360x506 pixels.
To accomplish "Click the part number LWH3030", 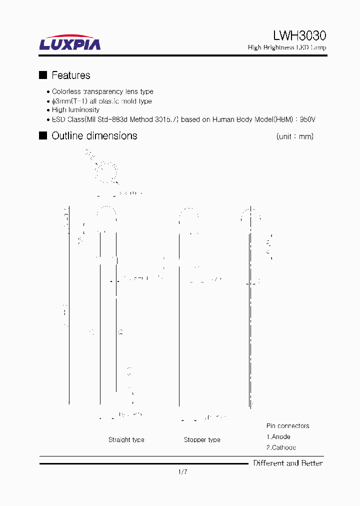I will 299,35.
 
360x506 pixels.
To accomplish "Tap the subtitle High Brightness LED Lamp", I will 287,47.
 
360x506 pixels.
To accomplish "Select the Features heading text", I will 71,75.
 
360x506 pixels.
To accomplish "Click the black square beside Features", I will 43,75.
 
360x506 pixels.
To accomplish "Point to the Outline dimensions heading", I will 94,136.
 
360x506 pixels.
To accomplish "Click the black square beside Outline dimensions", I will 43,135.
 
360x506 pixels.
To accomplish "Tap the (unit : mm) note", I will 294,136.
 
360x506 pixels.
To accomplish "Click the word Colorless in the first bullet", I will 66,91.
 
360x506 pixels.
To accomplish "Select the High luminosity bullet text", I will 75,110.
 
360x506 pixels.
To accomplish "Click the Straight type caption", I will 126,440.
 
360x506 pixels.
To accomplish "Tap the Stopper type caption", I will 202,440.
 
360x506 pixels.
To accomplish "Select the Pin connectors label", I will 287,426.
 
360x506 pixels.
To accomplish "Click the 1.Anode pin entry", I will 278,436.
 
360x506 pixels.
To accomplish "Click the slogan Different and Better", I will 287,463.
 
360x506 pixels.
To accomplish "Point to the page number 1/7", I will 182,471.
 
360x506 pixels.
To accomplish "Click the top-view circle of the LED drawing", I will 106,172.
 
